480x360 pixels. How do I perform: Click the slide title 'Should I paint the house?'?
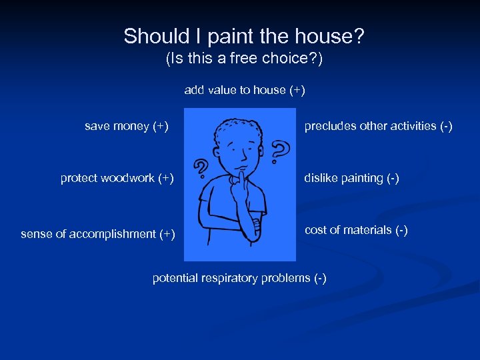pos(244,36)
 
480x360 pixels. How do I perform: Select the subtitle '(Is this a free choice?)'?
pos(244,59)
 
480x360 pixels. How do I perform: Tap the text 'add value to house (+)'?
pos(245,90)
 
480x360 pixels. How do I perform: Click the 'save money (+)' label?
pos(127,126)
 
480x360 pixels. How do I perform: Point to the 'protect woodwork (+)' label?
pos(117,178)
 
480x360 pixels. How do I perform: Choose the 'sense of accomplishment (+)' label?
pos(98,234)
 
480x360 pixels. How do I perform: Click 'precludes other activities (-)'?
pos(378,126)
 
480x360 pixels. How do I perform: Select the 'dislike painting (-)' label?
pos(351,178)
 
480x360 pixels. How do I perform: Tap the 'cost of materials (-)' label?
pos(356,230)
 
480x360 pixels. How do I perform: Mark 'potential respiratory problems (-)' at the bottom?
pos(239,278)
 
